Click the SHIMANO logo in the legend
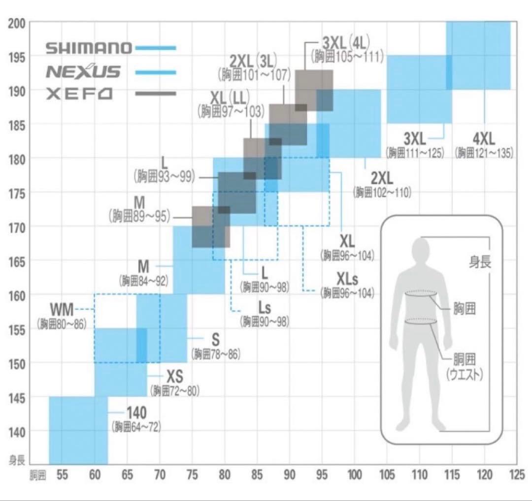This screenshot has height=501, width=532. (x=89, y=48)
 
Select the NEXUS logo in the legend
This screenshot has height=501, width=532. (x=83, y=72)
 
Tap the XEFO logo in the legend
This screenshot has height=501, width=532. (x=79, y=94)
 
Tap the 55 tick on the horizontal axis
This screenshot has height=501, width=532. (x=62, y=475)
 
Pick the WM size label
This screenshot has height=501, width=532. (x=62, y=310)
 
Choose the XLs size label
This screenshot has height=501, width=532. (x=348, y=280)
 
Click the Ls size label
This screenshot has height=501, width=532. (x=265, y=309)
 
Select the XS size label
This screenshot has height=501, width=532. (x=175, y=377)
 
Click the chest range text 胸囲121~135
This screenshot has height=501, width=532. (x=484, y=153)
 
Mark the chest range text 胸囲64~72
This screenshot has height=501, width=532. (x=136, y=427)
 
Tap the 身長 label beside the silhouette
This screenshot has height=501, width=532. (x=480, y=262)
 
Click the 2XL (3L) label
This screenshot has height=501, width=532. (x=254, y=62)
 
